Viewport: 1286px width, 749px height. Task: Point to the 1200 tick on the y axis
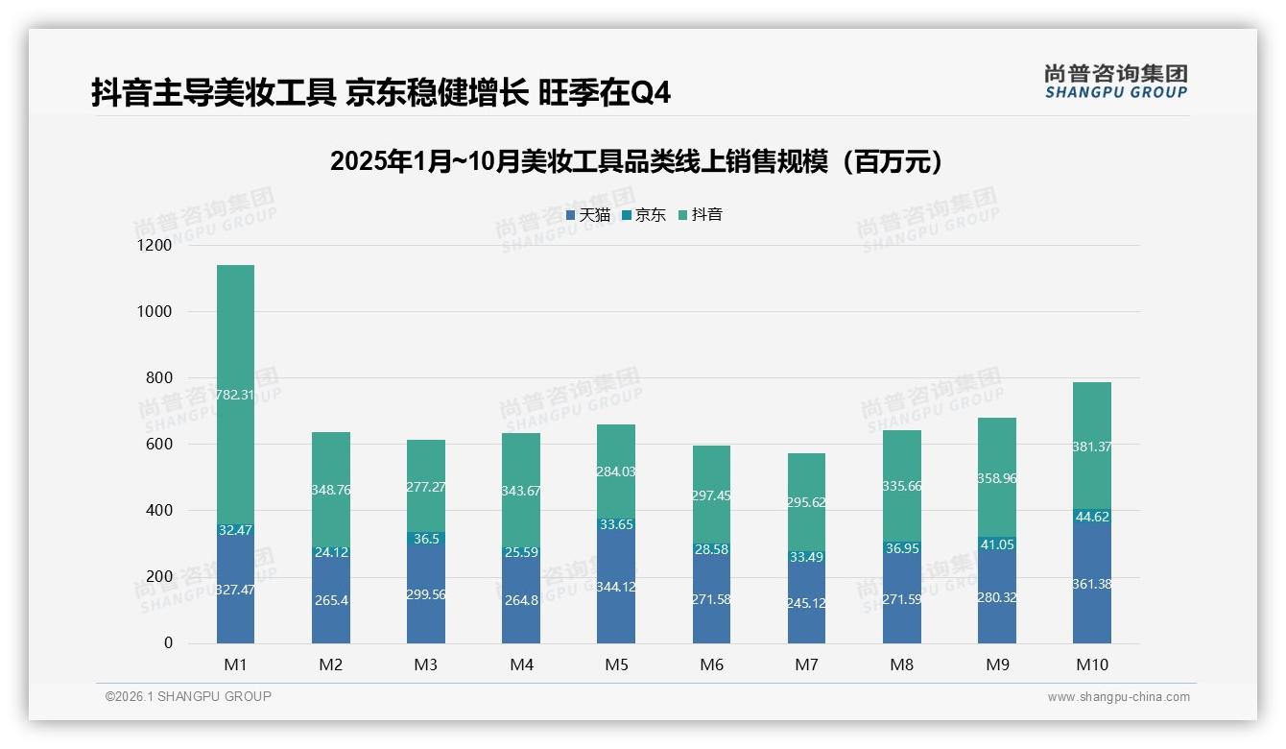(x=155, y=246)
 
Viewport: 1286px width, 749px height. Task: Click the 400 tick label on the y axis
(x=158, y=511)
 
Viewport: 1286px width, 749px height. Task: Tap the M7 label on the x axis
(x=806, y=664)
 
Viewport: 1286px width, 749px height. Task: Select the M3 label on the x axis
(x=425, y=664)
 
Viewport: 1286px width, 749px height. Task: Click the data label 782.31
(x=235, y=395)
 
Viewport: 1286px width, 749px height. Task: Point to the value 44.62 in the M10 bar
(x=1091, y=517)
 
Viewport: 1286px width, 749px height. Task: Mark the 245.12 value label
(x=806, y=603)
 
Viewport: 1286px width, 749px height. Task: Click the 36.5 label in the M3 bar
(x=425, y=540)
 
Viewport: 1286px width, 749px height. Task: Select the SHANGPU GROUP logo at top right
(x=1115, y=82)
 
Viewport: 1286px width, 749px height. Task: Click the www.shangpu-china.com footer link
(x=1118, y=697)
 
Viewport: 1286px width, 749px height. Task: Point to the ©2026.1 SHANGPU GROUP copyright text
(x=188, y=696)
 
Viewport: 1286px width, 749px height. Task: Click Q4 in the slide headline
(x=650, y=94)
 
